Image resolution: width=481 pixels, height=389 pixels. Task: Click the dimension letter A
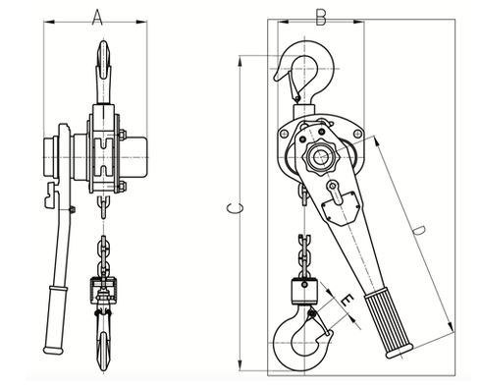point(96,17)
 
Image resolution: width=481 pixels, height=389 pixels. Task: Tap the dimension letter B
point(320,17)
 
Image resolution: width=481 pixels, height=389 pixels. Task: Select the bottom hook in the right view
point(307,339)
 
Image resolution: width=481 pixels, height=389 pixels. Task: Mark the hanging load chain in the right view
point(303,251)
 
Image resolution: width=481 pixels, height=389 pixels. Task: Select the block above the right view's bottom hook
point(303,291)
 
